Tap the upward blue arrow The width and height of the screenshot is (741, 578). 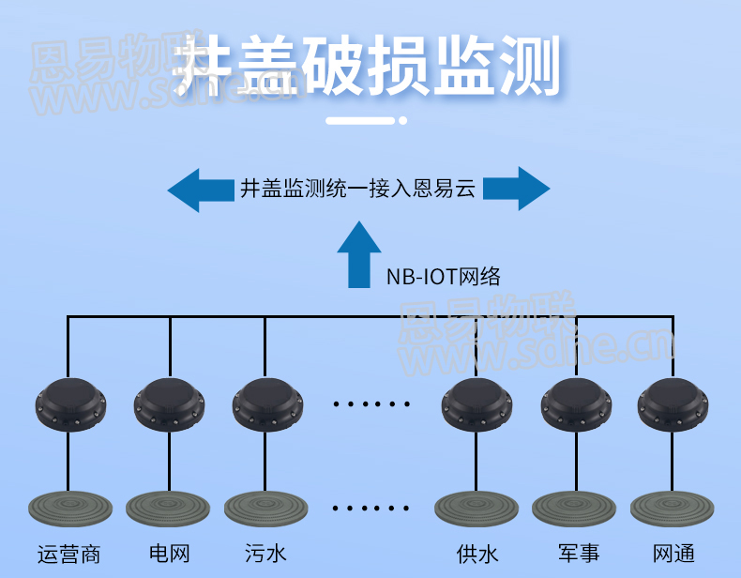click(359, 254)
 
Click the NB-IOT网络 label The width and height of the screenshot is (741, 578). click(443, 276)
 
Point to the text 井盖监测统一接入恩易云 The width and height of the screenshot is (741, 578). click(358, 189)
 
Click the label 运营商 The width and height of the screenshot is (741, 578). click(68, 554)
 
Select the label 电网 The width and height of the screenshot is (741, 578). click(170, 554)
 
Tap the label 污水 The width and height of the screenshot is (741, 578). click(265, 554)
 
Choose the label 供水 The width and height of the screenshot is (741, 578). click(477, 554)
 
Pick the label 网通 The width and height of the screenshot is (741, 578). click(673, 554)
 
